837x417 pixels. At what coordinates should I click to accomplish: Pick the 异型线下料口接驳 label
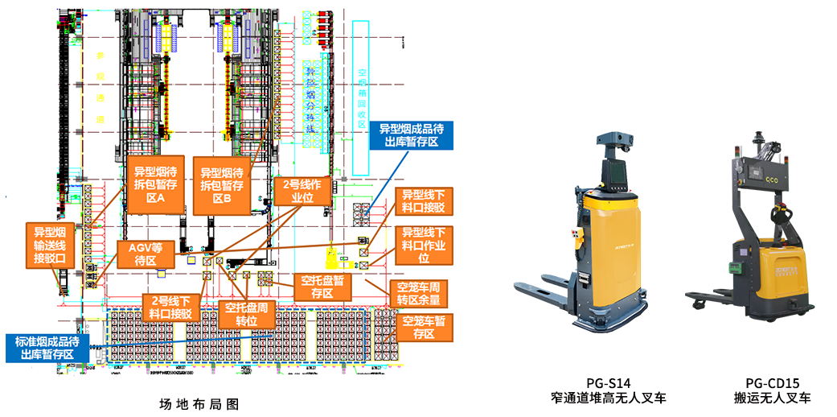(x=423, y=201)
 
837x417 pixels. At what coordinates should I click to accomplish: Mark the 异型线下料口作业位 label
(x=424, y=245)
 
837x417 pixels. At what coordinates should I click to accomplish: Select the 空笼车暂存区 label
(x=424, y=327)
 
